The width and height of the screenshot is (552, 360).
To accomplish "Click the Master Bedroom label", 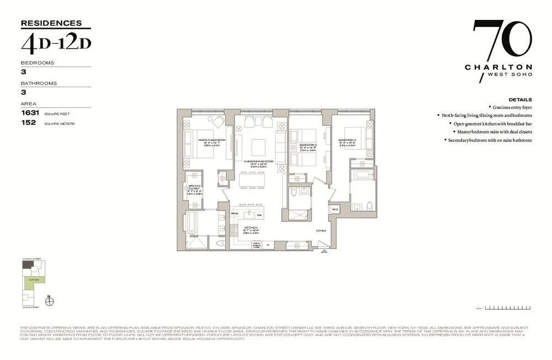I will [x=212, y=140].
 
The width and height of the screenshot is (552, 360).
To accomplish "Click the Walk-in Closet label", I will [x=194, y=188].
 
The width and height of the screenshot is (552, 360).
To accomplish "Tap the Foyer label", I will [x=321, y=231].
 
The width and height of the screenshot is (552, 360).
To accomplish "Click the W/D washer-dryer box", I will [x=335, y=209].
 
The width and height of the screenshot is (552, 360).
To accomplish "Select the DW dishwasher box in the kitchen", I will [x=259, y=215].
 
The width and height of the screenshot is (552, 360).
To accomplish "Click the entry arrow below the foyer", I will [x=324, y=251].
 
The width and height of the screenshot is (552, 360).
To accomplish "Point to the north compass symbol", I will [x=49, y=300].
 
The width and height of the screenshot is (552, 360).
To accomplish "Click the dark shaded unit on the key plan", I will [x=27, y=264].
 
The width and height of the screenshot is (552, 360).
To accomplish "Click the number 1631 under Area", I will [x=28, y=113].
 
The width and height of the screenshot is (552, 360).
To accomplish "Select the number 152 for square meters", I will [x=28, y=123].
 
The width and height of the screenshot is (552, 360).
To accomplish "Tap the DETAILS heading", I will [x=520, y=99].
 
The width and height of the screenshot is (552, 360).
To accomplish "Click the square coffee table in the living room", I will [x=259, y=147].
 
